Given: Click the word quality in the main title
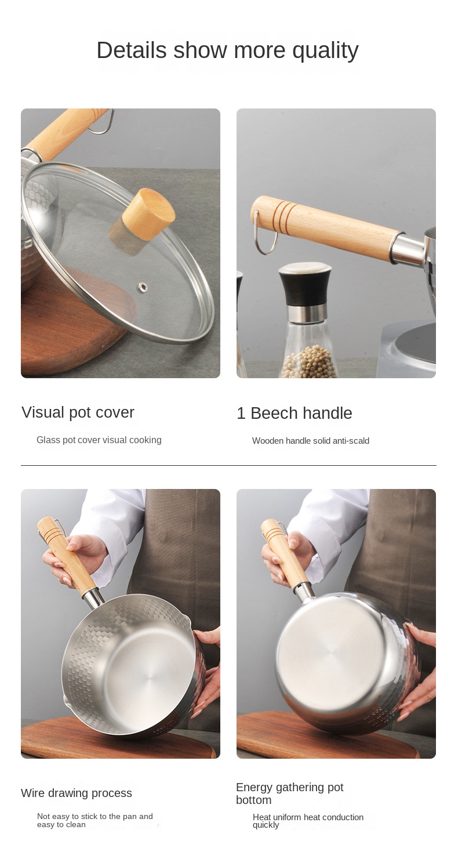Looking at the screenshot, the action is pyautogui.click(x=325, y=51).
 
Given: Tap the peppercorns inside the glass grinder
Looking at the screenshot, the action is pyautogui.click(x=310, y=361).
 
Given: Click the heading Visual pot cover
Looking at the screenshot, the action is pyautogui.click(x=78, y=412).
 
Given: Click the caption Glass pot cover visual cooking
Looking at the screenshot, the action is pyautogui.click(x=99, y=440).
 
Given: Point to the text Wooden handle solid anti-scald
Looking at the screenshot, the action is pyautogui.click(x=310, y=441).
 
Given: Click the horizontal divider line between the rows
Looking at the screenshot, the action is pyautogui.click(x=229, y=465).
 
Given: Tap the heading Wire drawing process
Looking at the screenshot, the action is pyautogui.click(x=77, y=793).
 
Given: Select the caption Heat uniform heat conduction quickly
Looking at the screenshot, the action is pyautogui.click(x=308, y=821).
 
